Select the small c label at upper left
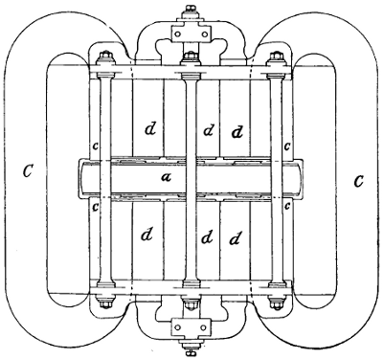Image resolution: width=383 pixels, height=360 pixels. [95, 146]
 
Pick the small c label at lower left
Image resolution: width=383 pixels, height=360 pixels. [94, 205]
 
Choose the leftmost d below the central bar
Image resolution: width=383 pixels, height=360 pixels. [146, 234]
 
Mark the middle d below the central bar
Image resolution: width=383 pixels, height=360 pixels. [208, 236]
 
